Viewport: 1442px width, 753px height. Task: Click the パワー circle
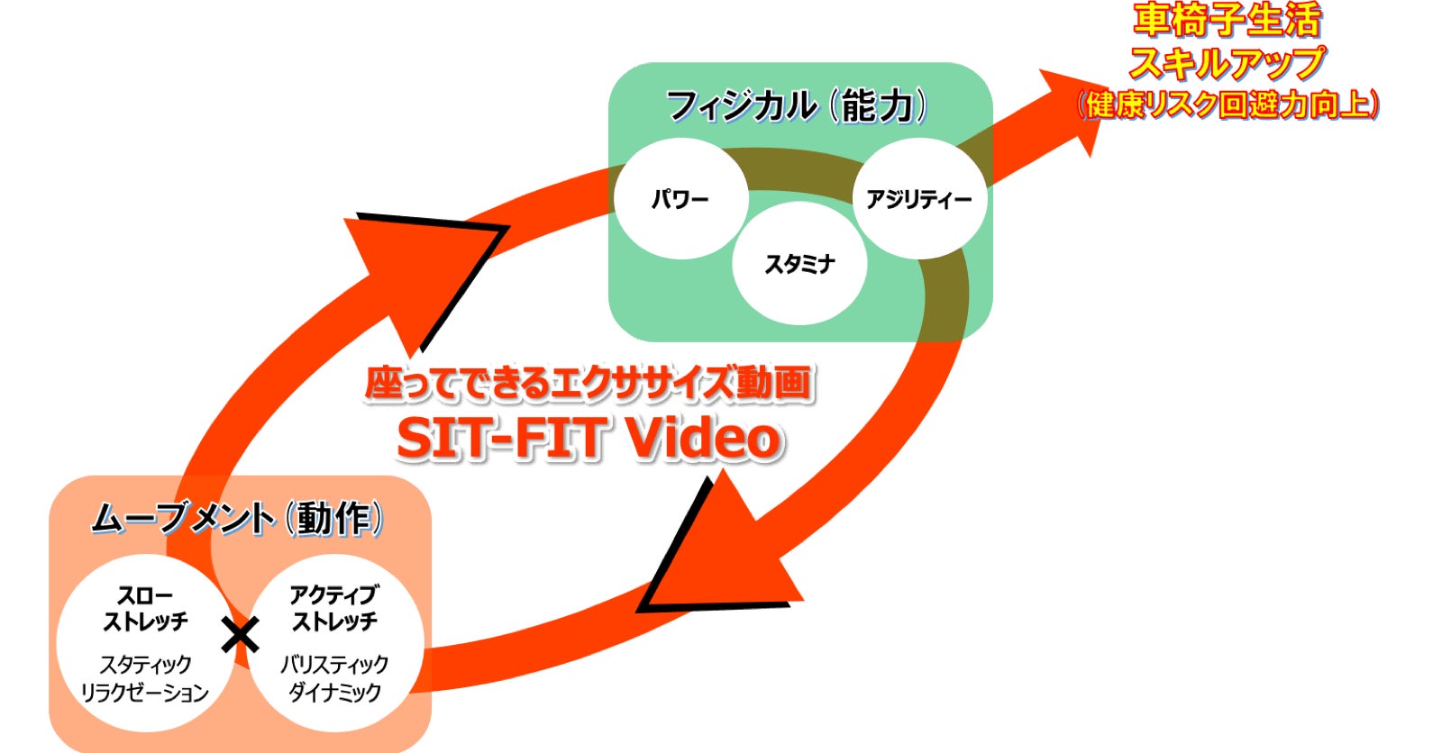(680, 198)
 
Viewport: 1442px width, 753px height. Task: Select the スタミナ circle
(799, 264)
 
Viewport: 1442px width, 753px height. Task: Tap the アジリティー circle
(919, 198)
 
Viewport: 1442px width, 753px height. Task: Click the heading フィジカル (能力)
(797, 106)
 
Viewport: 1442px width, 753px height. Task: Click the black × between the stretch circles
(240, 636)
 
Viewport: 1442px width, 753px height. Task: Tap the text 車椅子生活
(1227, 20)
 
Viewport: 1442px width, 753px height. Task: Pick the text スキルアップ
(1227, 63)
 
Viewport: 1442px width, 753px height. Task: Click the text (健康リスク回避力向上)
(1228, 104)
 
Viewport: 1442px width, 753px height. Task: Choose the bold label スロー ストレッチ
(145, 609)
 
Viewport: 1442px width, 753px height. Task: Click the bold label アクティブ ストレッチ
(334, 609)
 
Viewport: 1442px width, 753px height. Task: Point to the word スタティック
(145, 665)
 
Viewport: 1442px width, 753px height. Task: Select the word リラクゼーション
(145, 693)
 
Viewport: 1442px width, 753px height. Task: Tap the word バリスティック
(334, 665)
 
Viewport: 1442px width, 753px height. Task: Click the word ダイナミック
(334, 693)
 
